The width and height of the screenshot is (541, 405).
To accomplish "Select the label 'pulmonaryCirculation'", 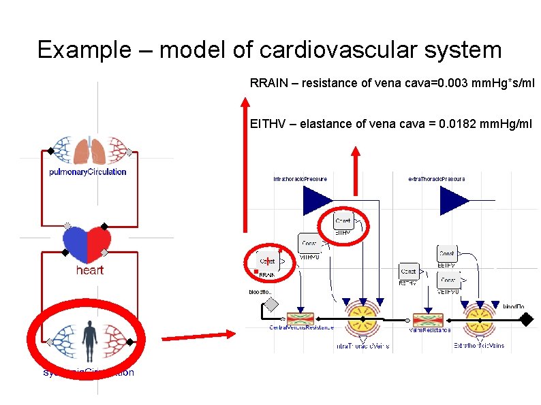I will [88, 172].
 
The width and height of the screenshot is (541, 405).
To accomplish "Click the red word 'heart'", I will [89, 270].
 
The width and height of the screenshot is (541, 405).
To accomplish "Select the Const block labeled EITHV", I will [344, 221].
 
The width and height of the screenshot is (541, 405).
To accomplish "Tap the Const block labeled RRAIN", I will [267, 261].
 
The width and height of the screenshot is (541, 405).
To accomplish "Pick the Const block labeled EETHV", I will [447, 254].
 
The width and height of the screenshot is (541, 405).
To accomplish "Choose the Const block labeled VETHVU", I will [448, 280].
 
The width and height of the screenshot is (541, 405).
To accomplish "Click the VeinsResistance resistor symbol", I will [428, 318].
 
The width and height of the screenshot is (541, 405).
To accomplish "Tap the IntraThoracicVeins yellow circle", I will [363, 318].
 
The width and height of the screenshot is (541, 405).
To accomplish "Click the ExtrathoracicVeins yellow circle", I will [480, 318].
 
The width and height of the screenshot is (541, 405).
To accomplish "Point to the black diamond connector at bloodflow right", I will [525, 318].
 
